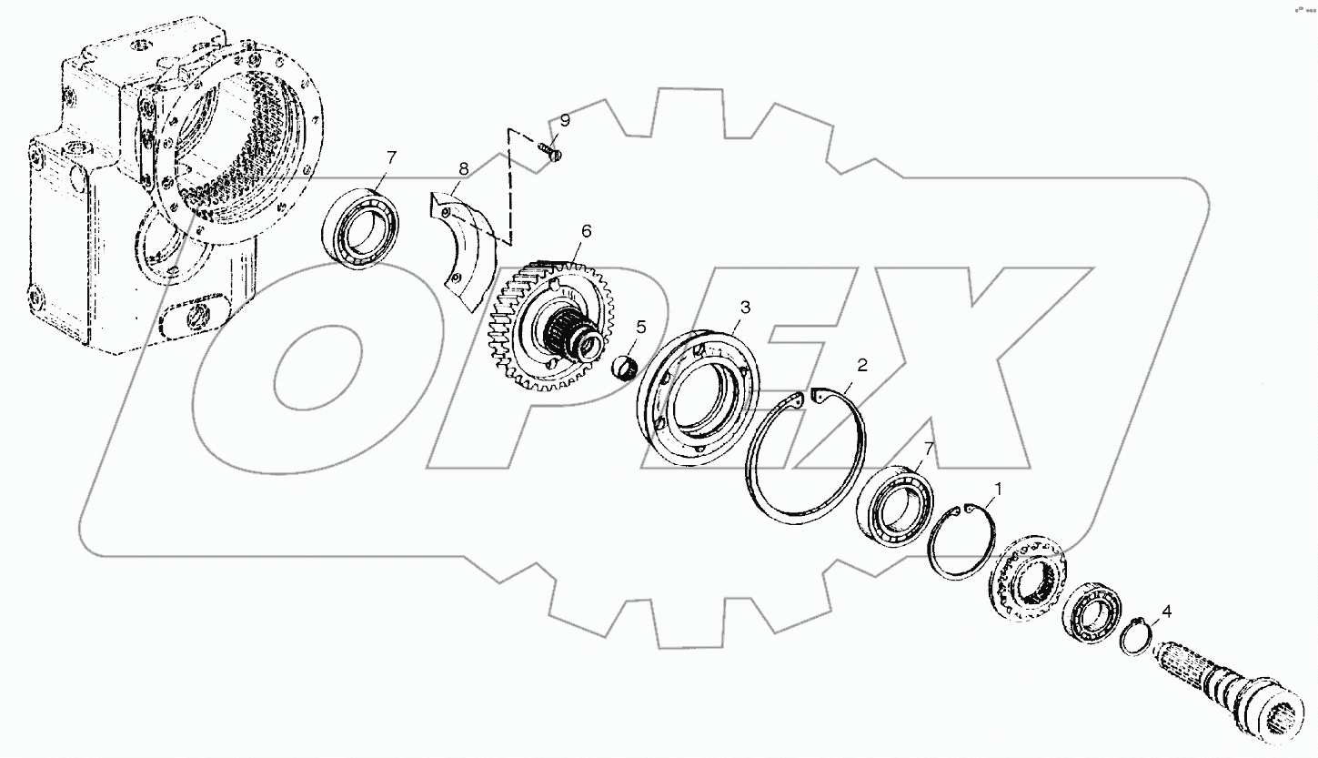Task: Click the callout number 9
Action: [564, 120]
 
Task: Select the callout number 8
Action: [463, 169]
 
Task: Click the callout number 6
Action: [586, 231]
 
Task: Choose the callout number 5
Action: [640, 326]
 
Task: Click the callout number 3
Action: [744, 308]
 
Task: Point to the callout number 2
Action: [862, 365]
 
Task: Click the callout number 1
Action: [997, 490]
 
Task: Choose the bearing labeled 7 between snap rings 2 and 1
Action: [897, 505]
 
